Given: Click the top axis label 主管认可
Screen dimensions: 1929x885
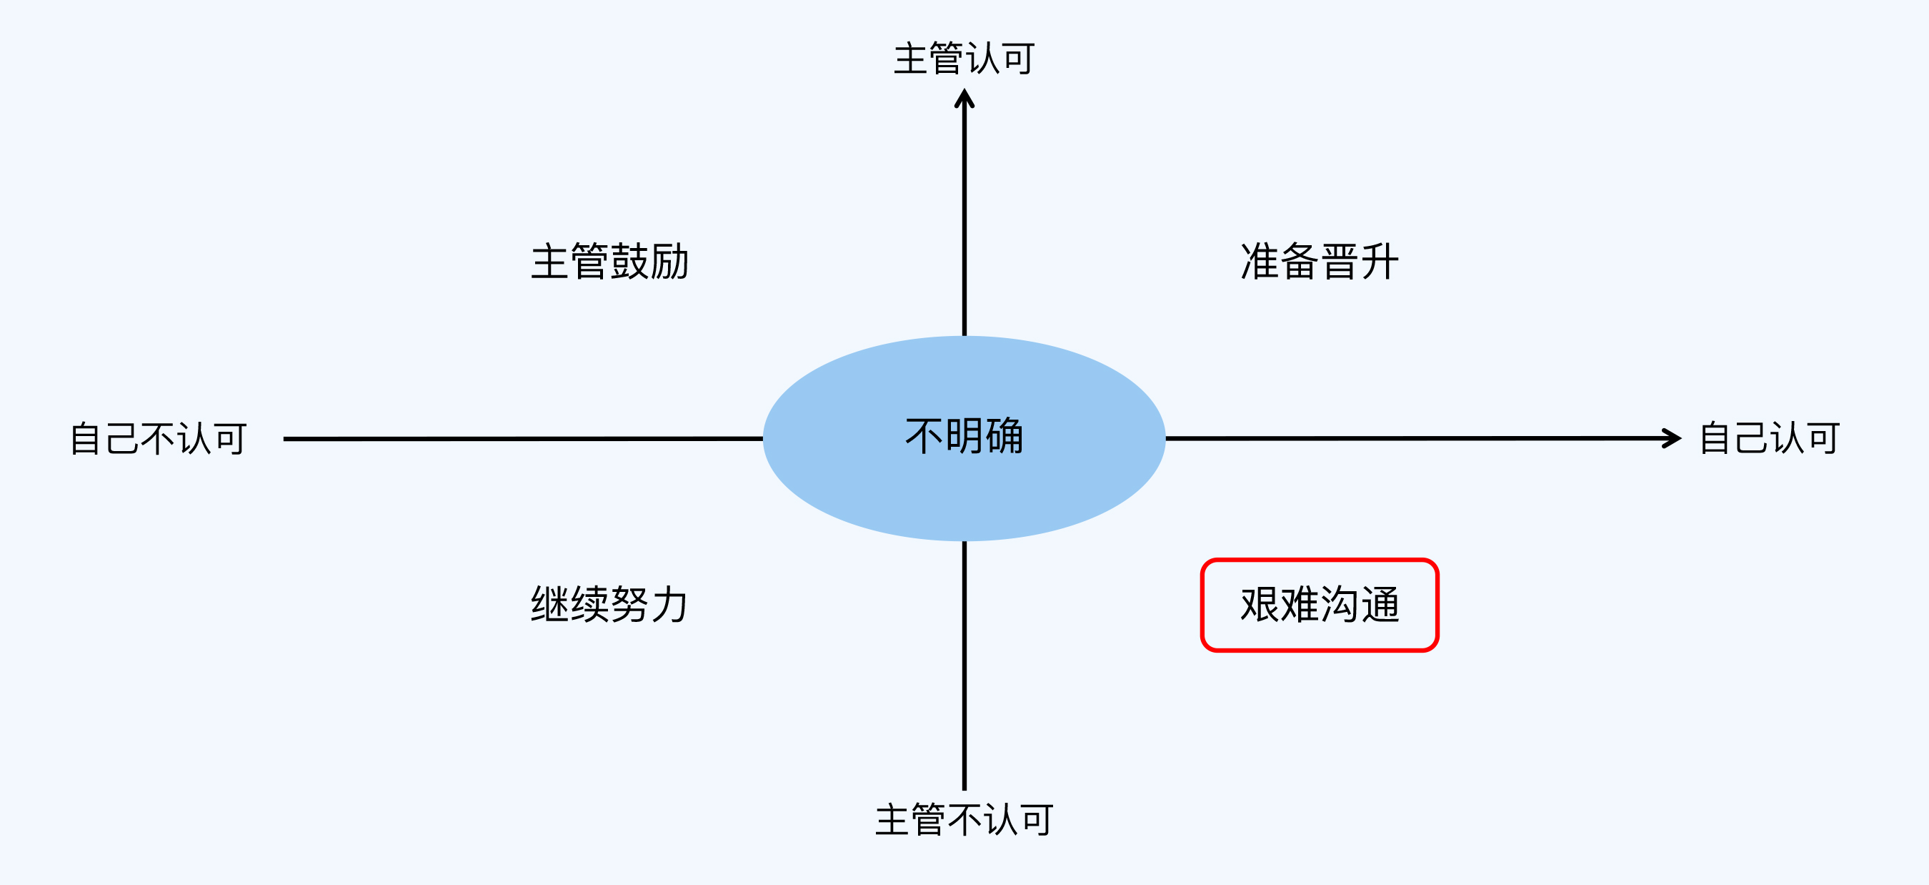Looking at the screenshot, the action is (x=964, y=59).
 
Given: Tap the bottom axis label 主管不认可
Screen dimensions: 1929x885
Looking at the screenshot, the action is (x=964, y=820).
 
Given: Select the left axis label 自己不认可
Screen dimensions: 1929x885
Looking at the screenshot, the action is (x=158, y=438).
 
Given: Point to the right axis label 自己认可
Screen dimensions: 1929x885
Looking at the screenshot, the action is (x=1769, y=437).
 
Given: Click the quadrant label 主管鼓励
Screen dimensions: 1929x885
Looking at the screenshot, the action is (x=609, y=262).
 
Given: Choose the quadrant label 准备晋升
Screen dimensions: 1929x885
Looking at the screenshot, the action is (x=1320, y=262).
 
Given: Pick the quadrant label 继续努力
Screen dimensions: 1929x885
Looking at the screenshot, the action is (x=609, y=604).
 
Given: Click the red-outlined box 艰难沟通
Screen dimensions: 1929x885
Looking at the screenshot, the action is (x=1320, y=605).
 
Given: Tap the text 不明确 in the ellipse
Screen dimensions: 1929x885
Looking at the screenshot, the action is (x=964, y=436).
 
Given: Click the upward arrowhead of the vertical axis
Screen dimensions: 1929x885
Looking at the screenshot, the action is (x=964, y=99).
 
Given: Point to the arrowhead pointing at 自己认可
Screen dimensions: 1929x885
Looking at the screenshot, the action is (x=1671, y=438).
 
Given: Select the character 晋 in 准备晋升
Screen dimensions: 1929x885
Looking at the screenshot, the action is (x=1340, y=262).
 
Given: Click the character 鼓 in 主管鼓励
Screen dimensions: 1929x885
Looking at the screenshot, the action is (x=629, y=262).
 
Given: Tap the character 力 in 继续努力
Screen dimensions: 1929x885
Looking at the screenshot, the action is (x=669, y=604).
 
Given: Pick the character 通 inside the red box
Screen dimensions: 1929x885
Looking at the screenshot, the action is (x=1380, y=605).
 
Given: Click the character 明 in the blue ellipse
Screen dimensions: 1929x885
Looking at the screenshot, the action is (x=964, y=436).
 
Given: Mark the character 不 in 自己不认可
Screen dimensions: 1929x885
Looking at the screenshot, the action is (x=158, y=438).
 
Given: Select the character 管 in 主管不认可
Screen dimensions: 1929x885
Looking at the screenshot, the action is (x=928, y=820).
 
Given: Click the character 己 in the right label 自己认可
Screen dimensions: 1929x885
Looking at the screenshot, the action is (x=1751, y=437).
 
